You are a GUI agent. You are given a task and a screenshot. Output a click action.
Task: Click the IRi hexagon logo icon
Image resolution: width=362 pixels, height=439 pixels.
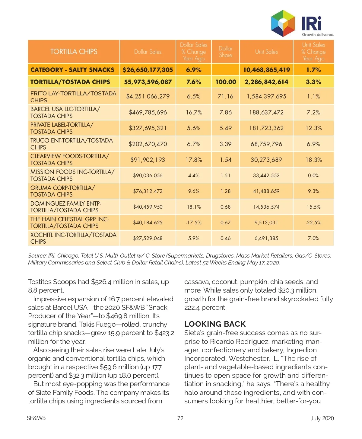[283, 23]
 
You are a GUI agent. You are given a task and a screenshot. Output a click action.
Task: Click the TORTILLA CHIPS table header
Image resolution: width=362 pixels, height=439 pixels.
[74, 52]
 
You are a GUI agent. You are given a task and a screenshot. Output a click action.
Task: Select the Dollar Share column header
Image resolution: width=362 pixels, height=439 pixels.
[225, 52]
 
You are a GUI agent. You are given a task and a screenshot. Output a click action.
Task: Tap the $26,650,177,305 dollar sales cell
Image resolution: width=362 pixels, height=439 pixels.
[148, 70]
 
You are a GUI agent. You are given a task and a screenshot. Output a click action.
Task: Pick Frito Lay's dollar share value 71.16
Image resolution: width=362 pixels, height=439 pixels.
[225, 96]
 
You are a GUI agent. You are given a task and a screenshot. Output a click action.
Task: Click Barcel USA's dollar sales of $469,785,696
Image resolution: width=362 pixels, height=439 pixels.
[148, 112]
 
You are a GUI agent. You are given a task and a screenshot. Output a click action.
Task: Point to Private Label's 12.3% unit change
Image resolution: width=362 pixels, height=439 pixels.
[313, 128]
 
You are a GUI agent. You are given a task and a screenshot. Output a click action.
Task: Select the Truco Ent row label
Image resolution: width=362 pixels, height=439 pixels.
[71, 144]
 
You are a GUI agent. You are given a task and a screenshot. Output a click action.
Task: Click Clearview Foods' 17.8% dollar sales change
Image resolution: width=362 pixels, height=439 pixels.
[194, 160]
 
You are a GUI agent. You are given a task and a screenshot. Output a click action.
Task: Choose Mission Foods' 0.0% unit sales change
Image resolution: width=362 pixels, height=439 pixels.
[313, 175]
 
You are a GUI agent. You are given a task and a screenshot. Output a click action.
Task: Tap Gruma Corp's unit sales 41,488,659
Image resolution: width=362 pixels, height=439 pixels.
[266, 191]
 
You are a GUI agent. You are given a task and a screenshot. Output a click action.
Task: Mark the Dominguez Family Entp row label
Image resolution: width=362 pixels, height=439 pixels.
[66, 207]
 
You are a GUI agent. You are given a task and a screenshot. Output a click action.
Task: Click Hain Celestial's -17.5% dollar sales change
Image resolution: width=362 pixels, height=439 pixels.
[194, 223]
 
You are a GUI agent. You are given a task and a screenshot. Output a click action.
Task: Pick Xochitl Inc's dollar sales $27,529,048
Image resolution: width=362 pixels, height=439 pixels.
[148, 238]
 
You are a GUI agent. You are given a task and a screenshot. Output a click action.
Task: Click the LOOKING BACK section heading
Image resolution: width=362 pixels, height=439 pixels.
[215, 324]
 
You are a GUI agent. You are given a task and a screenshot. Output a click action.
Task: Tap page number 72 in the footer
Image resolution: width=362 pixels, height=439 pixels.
[180, 418]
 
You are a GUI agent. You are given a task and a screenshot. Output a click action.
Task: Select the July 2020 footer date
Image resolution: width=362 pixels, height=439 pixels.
[322, 418]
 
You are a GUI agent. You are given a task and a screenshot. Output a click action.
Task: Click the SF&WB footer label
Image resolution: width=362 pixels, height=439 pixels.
[36, 418]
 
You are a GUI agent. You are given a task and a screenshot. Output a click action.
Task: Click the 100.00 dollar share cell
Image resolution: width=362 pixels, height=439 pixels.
[225, 82]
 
